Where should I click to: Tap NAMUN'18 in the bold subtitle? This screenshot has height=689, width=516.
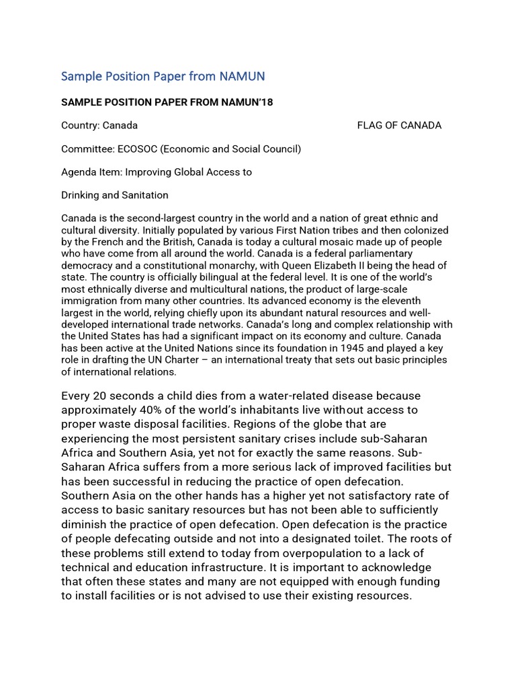point(249,102)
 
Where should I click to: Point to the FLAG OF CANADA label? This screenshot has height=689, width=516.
point(399,125)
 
